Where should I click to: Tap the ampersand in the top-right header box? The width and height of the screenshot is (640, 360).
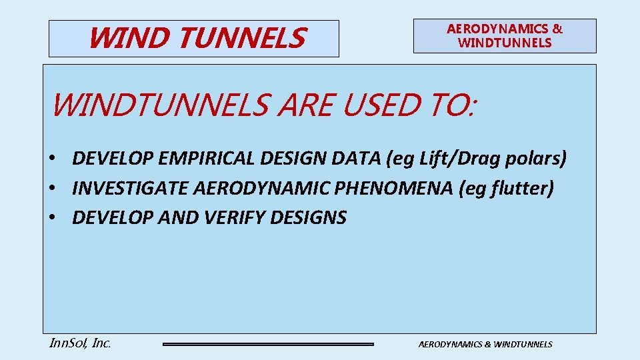coord(557,29)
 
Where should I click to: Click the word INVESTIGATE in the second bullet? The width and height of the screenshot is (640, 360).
coord(130,188)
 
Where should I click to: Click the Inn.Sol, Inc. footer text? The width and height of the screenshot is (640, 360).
coord(80,343)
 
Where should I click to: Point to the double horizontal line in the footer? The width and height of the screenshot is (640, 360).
coord(268,344)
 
